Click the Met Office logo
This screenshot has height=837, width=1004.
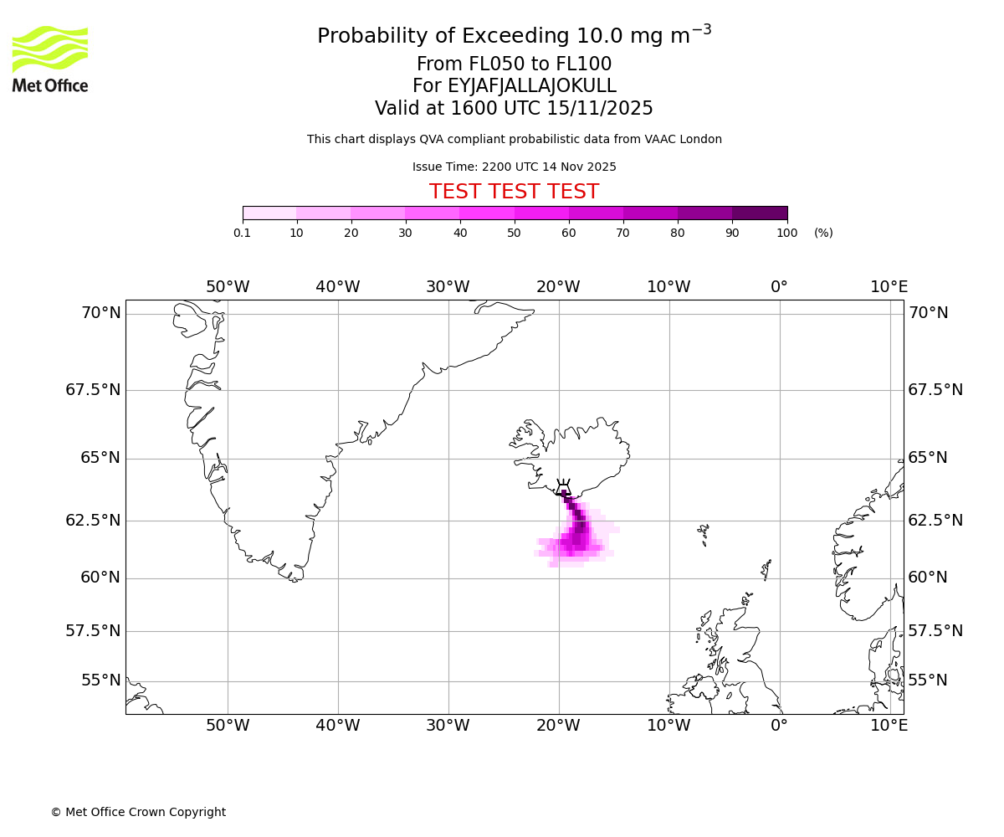(50, 59)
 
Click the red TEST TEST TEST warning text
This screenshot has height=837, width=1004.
(514, 192)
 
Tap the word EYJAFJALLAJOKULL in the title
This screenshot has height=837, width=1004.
(532, 86)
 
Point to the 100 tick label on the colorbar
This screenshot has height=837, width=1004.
(786, 233)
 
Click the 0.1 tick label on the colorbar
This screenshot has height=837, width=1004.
(243, 233)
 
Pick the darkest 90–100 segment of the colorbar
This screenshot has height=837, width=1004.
(760, 213)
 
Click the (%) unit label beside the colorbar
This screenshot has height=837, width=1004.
(823, 233)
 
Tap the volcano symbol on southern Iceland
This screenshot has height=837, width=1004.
(563, 488)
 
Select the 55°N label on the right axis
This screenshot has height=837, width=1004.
(928, 680)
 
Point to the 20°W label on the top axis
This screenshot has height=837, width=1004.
(558, 287)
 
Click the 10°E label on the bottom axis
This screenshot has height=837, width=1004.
(889, 726)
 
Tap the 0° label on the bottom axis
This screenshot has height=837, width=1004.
(779, 726)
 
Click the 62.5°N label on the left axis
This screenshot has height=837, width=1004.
(93, 520)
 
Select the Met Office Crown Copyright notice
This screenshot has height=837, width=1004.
(138, 812)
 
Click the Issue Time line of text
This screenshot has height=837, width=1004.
(514, 167)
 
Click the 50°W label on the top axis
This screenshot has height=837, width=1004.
(228, 287)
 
